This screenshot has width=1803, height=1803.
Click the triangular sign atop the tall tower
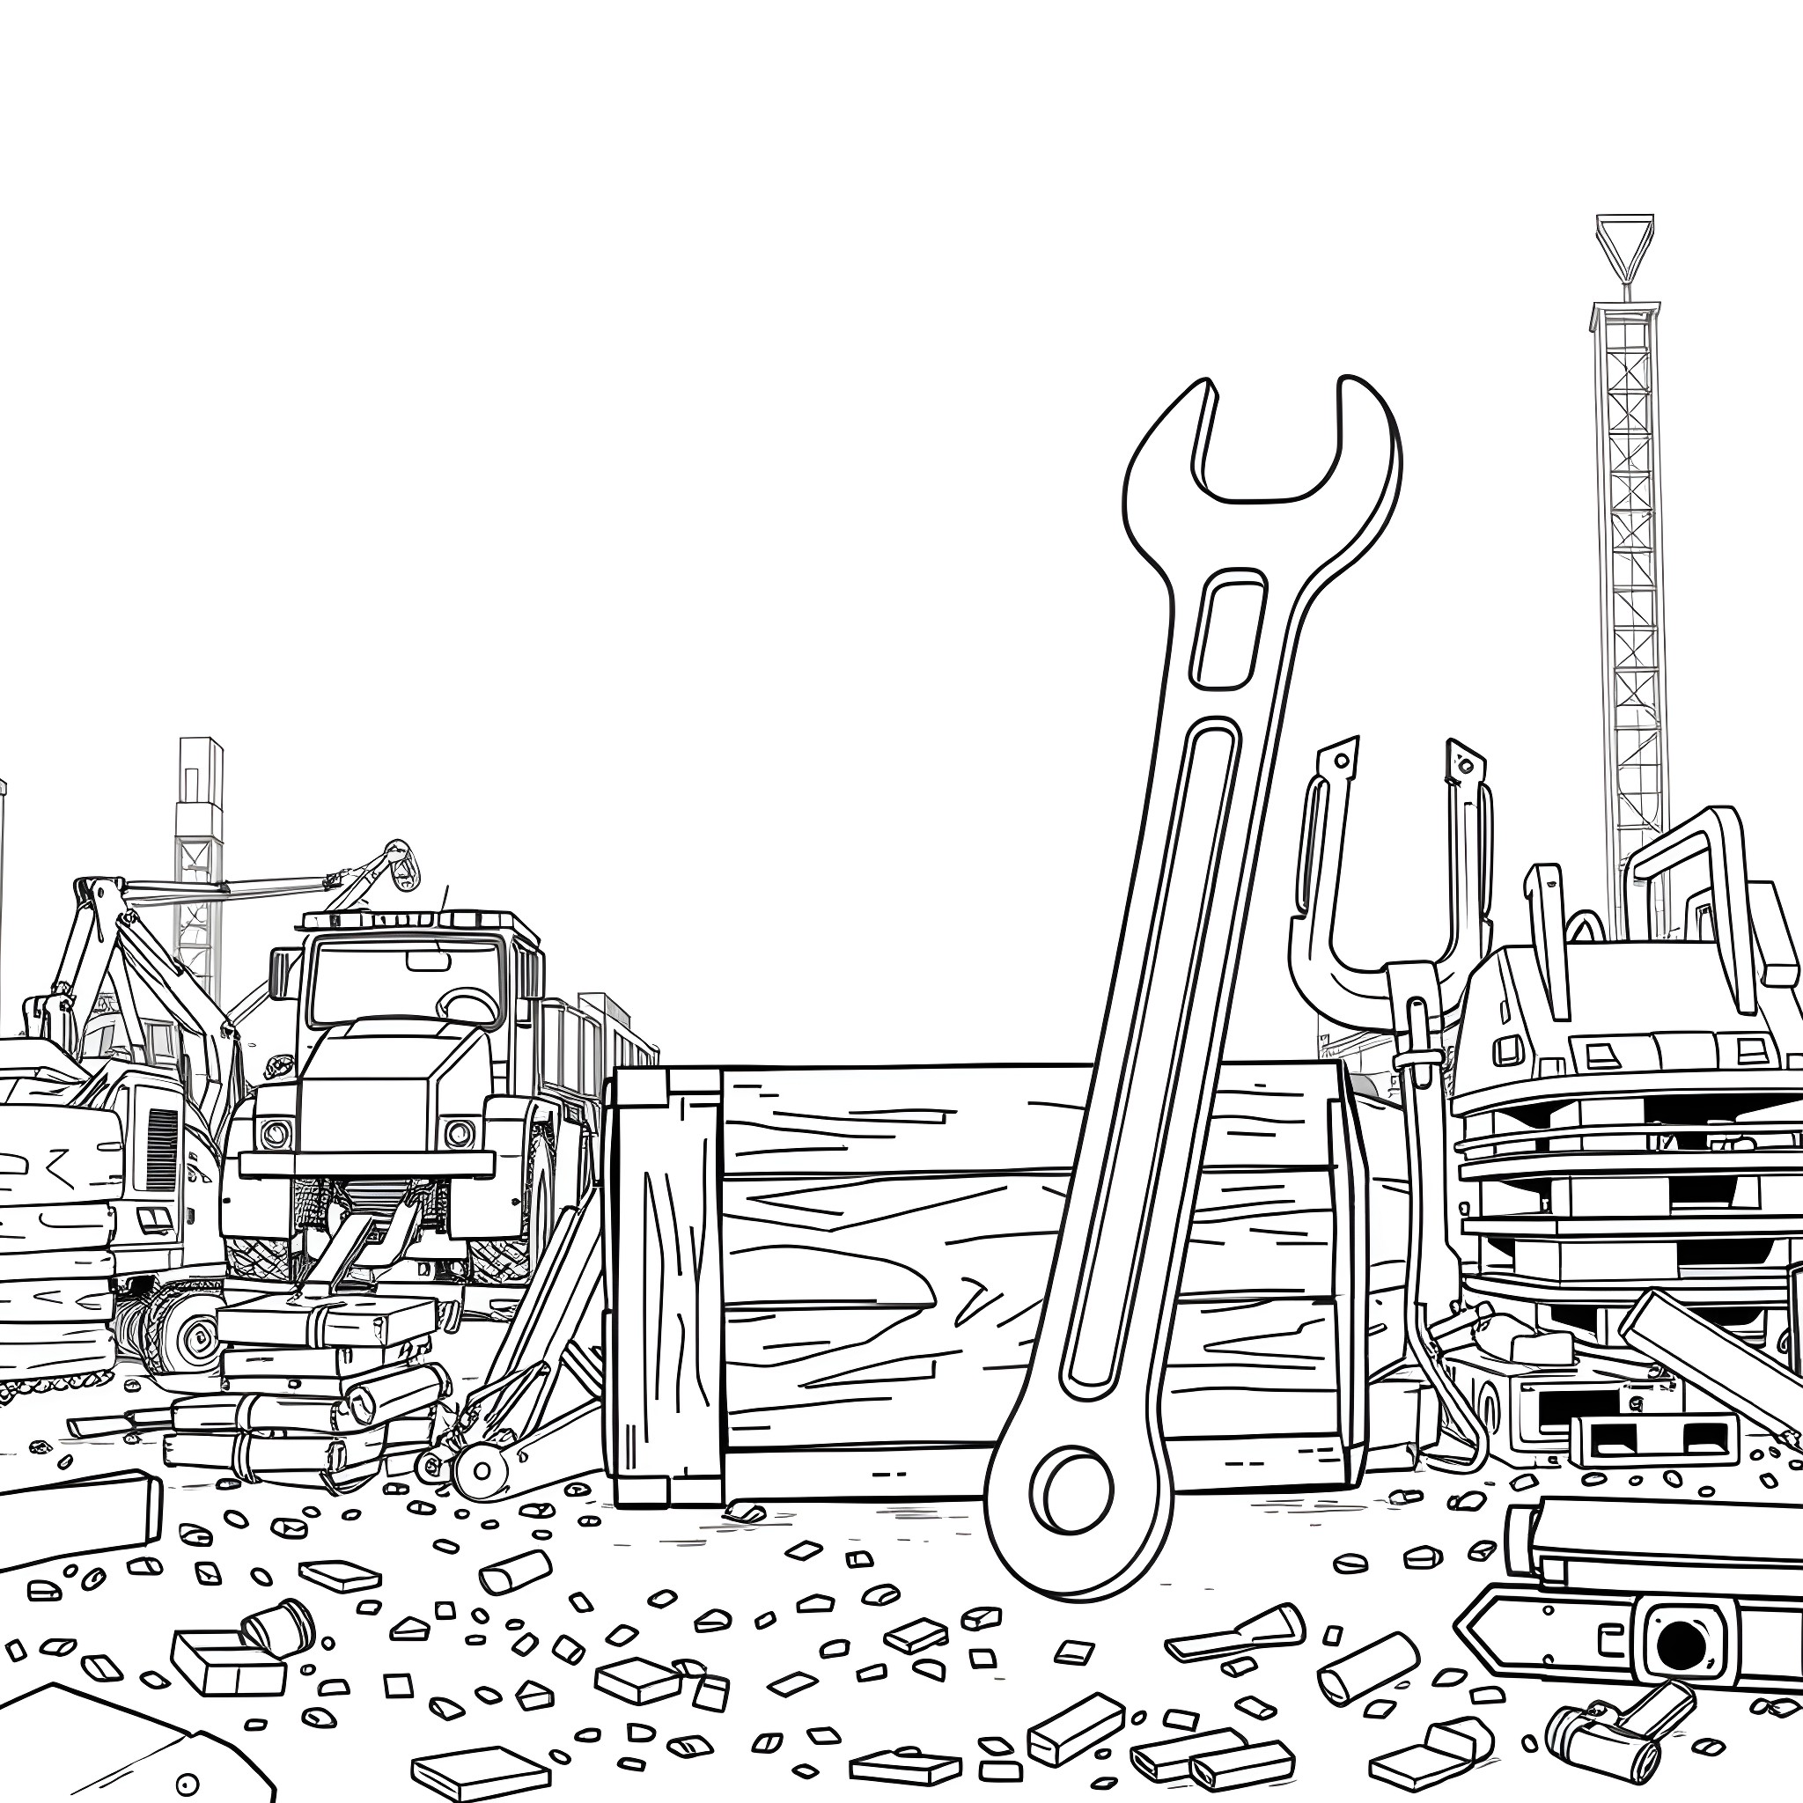point(1625,240)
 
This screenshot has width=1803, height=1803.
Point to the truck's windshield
point(408,982)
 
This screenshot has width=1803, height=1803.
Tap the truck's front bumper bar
point(367,1164)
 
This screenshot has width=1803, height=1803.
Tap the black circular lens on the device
point(1679,1642)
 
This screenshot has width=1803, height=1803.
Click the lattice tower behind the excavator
point(199,868)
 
